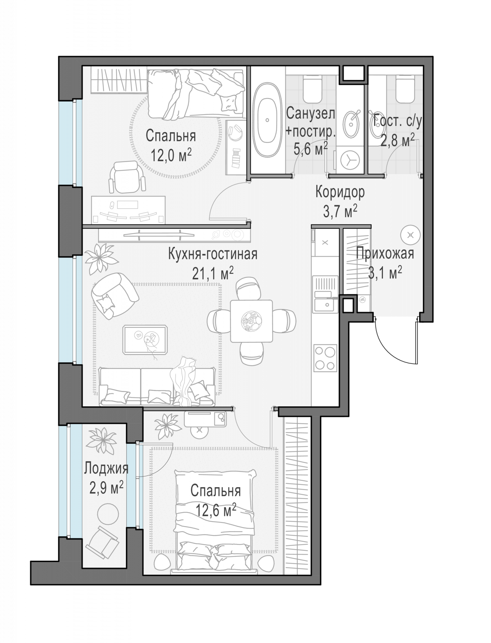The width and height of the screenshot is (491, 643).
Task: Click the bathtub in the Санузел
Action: click(267, 120)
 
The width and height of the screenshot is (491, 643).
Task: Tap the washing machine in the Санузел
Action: click(349, 160)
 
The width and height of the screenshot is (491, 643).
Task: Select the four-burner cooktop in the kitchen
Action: click(325, 358)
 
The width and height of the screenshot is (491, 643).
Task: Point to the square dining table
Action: click(251, 321)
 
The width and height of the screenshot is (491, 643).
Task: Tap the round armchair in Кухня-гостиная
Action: click(114, 295)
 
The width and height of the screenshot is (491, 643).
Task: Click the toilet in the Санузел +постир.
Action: click(313, 89)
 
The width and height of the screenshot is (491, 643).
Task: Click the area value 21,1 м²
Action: click(213, 274)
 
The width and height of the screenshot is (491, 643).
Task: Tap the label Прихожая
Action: click(385, 254)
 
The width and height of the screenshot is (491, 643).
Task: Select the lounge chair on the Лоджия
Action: click(102, 543)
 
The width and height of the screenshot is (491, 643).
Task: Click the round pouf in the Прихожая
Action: click(410, 235)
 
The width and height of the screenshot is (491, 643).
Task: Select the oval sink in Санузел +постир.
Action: click(351, 124)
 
